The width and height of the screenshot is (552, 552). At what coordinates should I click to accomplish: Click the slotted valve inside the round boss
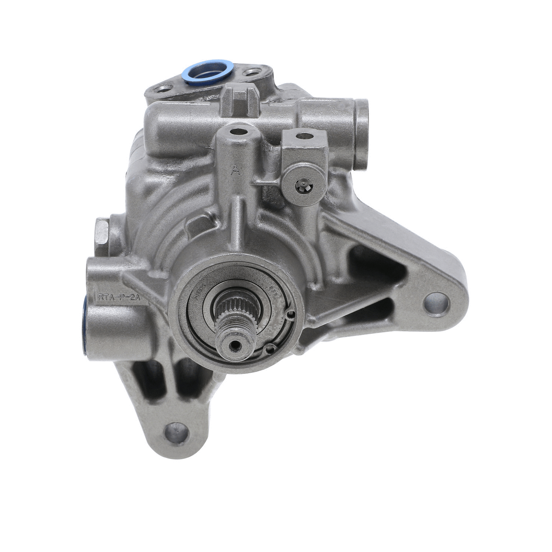(304, 186)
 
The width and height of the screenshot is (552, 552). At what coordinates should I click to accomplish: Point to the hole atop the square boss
(304, 135)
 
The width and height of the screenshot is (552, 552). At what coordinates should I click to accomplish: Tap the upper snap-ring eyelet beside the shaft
(291, 314)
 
